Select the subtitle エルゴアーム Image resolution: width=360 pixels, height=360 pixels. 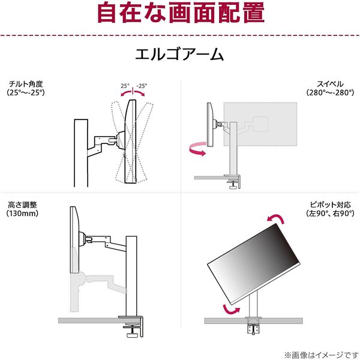[x=179, y=56]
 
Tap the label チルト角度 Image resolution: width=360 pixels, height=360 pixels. [x=23, y=83]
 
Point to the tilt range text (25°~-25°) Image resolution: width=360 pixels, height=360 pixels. [x=27, y=93]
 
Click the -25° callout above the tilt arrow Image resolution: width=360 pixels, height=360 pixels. [x=143, y=86]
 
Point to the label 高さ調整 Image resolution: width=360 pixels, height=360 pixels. [x=22, y=203]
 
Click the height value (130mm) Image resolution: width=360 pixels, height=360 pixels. [x=22, y=213]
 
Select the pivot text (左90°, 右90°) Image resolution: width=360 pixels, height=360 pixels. [x=329, y=213]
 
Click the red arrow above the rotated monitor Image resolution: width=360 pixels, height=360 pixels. [x=277, y=219]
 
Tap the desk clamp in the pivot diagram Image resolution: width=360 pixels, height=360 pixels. [x=252, y=327]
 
